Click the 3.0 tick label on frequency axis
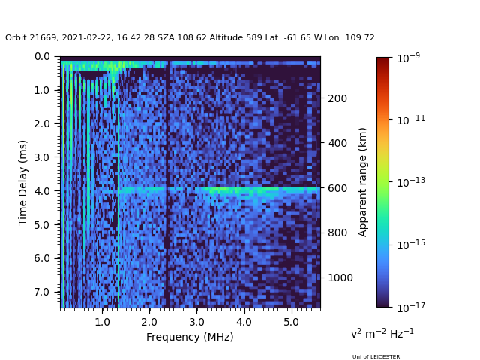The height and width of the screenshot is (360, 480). coord(196,322)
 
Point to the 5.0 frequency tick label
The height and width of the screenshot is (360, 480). coord(291,322)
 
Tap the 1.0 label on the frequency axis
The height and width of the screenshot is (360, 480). coord(102,322)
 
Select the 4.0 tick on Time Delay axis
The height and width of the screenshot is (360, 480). coord(42,191)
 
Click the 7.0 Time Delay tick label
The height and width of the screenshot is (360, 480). coord(42,292)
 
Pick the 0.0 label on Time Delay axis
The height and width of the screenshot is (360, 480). coord(42,57)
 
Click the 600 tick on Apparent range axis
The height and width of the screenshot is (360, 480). coord(337,188)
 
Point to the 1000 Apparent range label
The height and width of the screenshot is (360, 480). coord(340,277)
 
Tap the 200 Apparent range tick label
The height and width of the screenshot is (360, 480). coord(337,98)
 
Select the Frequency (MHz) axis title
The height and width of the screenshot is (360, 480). coord(190,337)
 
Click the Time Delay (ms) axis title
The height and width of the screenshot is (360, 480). coord(22,183)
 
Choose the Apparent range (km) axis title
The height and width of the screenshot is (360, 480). coord(362,182)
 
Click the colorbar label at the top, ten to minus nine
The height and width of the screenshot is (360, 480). coord(408,58)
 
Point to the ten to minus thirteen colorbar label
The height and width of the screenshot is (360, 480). coord(411,182)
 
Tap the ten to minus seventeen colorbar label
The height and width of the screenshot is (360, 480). coord(411,307)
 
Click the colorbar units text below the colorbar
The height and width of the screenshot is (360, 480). coord(382,333)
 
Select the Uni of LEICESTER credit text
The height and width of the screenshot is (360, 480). coord(376,356)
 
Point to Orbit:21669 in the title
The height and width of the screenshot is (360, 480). coord(31,37)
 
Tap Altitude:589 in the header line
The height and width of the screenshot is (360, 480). coord(235,37)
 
